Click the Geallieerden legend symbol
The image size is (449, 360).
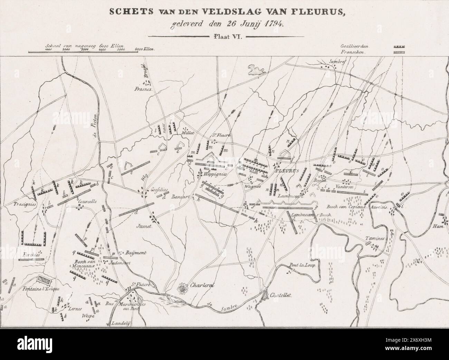coord(399,46)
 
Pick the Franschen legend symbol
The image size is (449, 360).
coord(399,52)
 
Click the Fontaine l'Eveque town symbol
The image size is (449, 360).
coord(42,279)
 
